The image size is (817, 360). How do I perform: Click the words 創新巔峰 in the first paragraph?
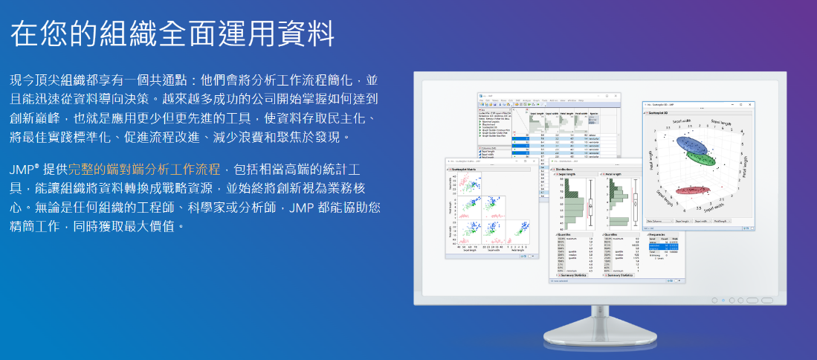[x=36, y=118]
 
